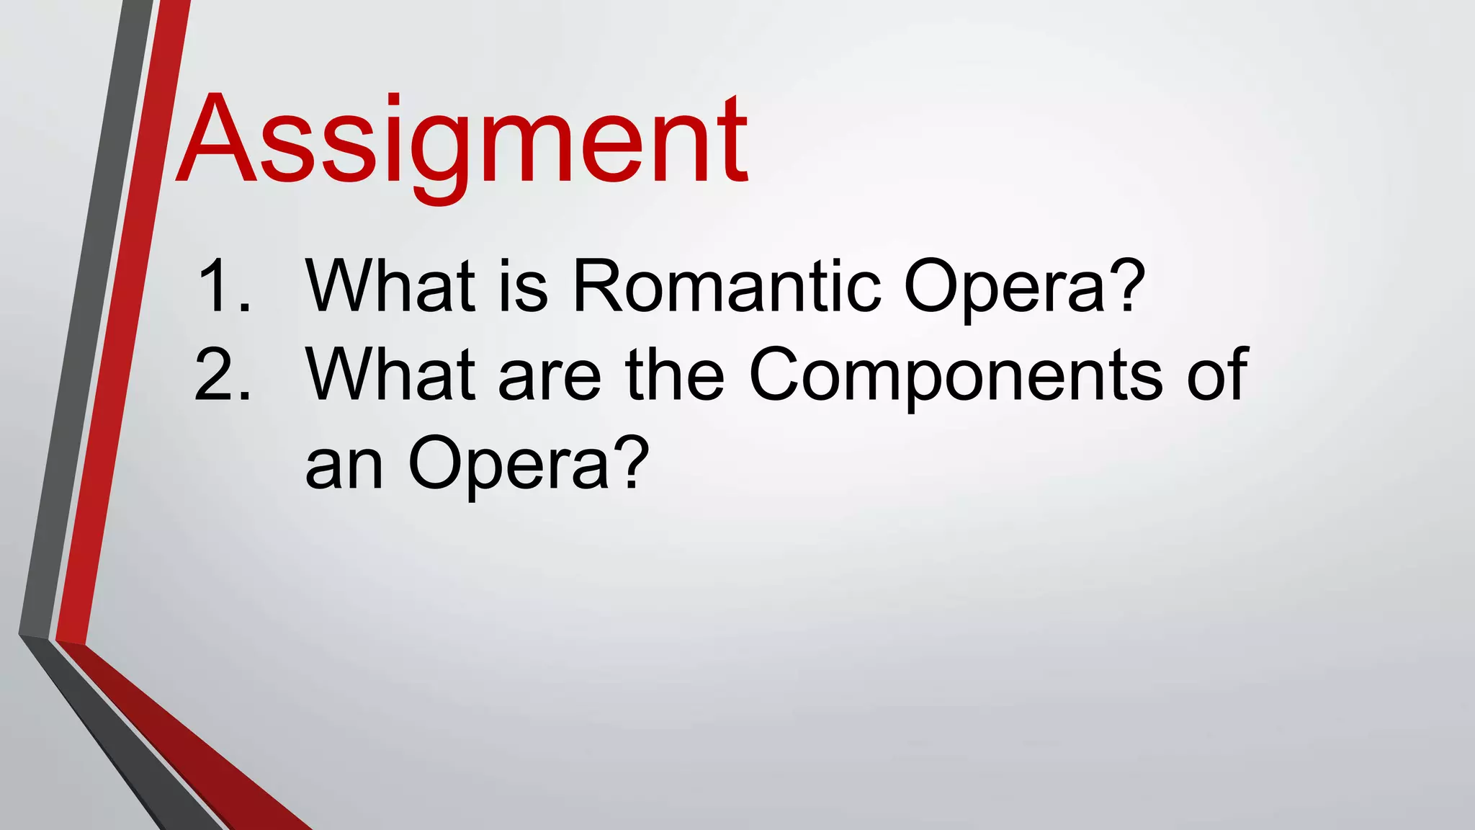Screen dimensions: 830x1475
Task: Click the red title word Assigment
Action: point(462,140)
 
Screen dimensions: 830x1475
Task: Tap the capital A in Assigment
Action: point(217,138)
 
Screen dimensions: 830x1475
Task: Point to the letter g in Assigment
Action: point(444,155)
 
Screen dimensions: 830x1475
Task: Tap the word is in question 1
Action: point(524,286)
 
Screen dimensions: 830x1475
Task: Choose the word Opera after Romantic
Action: point(1004,288)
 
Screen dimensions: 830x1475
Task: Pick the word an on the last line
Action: point(344,467)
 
